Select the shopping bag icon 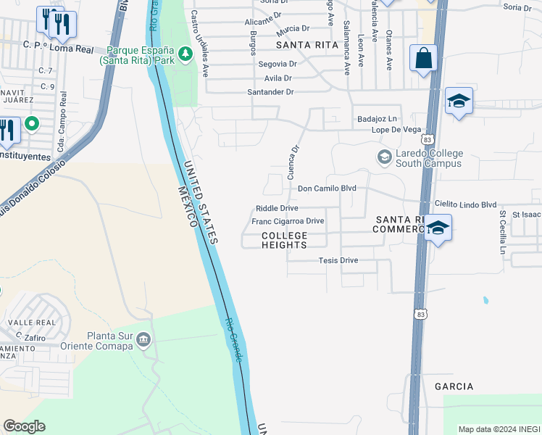pyautogui.click(x=423, y=58)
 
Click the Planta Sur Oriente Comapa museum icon pyautogui.click(x=144, y=339)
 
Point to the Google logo pyautogui.click(x=24, y=426)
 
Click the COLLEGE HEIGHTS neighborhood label pyautogui.click(x=284, y=241)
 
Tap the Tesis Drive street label pyautogui.click(x=338, y=260)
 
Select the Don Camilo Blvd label pyautogui.click(x=328, y=188)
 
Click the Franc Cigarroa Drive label pyautogui.click(x=288, y=221)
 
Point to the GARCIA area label pyautogui.click(x=454, y=386)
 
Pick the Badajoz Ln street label pyautogui.click(x=377, y=118)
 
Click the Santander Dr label pyautogui.click(x=270, y=92)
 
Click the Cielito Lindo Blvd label pyautogui.click(x=465, y=205)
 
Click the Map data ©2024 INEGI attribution pyautogui.click(x=499, y=428)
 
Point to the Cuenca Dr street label pyautogui.click(x=294, y=160)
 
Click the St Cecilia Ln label pyautogui.click(x=501, y=231)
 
